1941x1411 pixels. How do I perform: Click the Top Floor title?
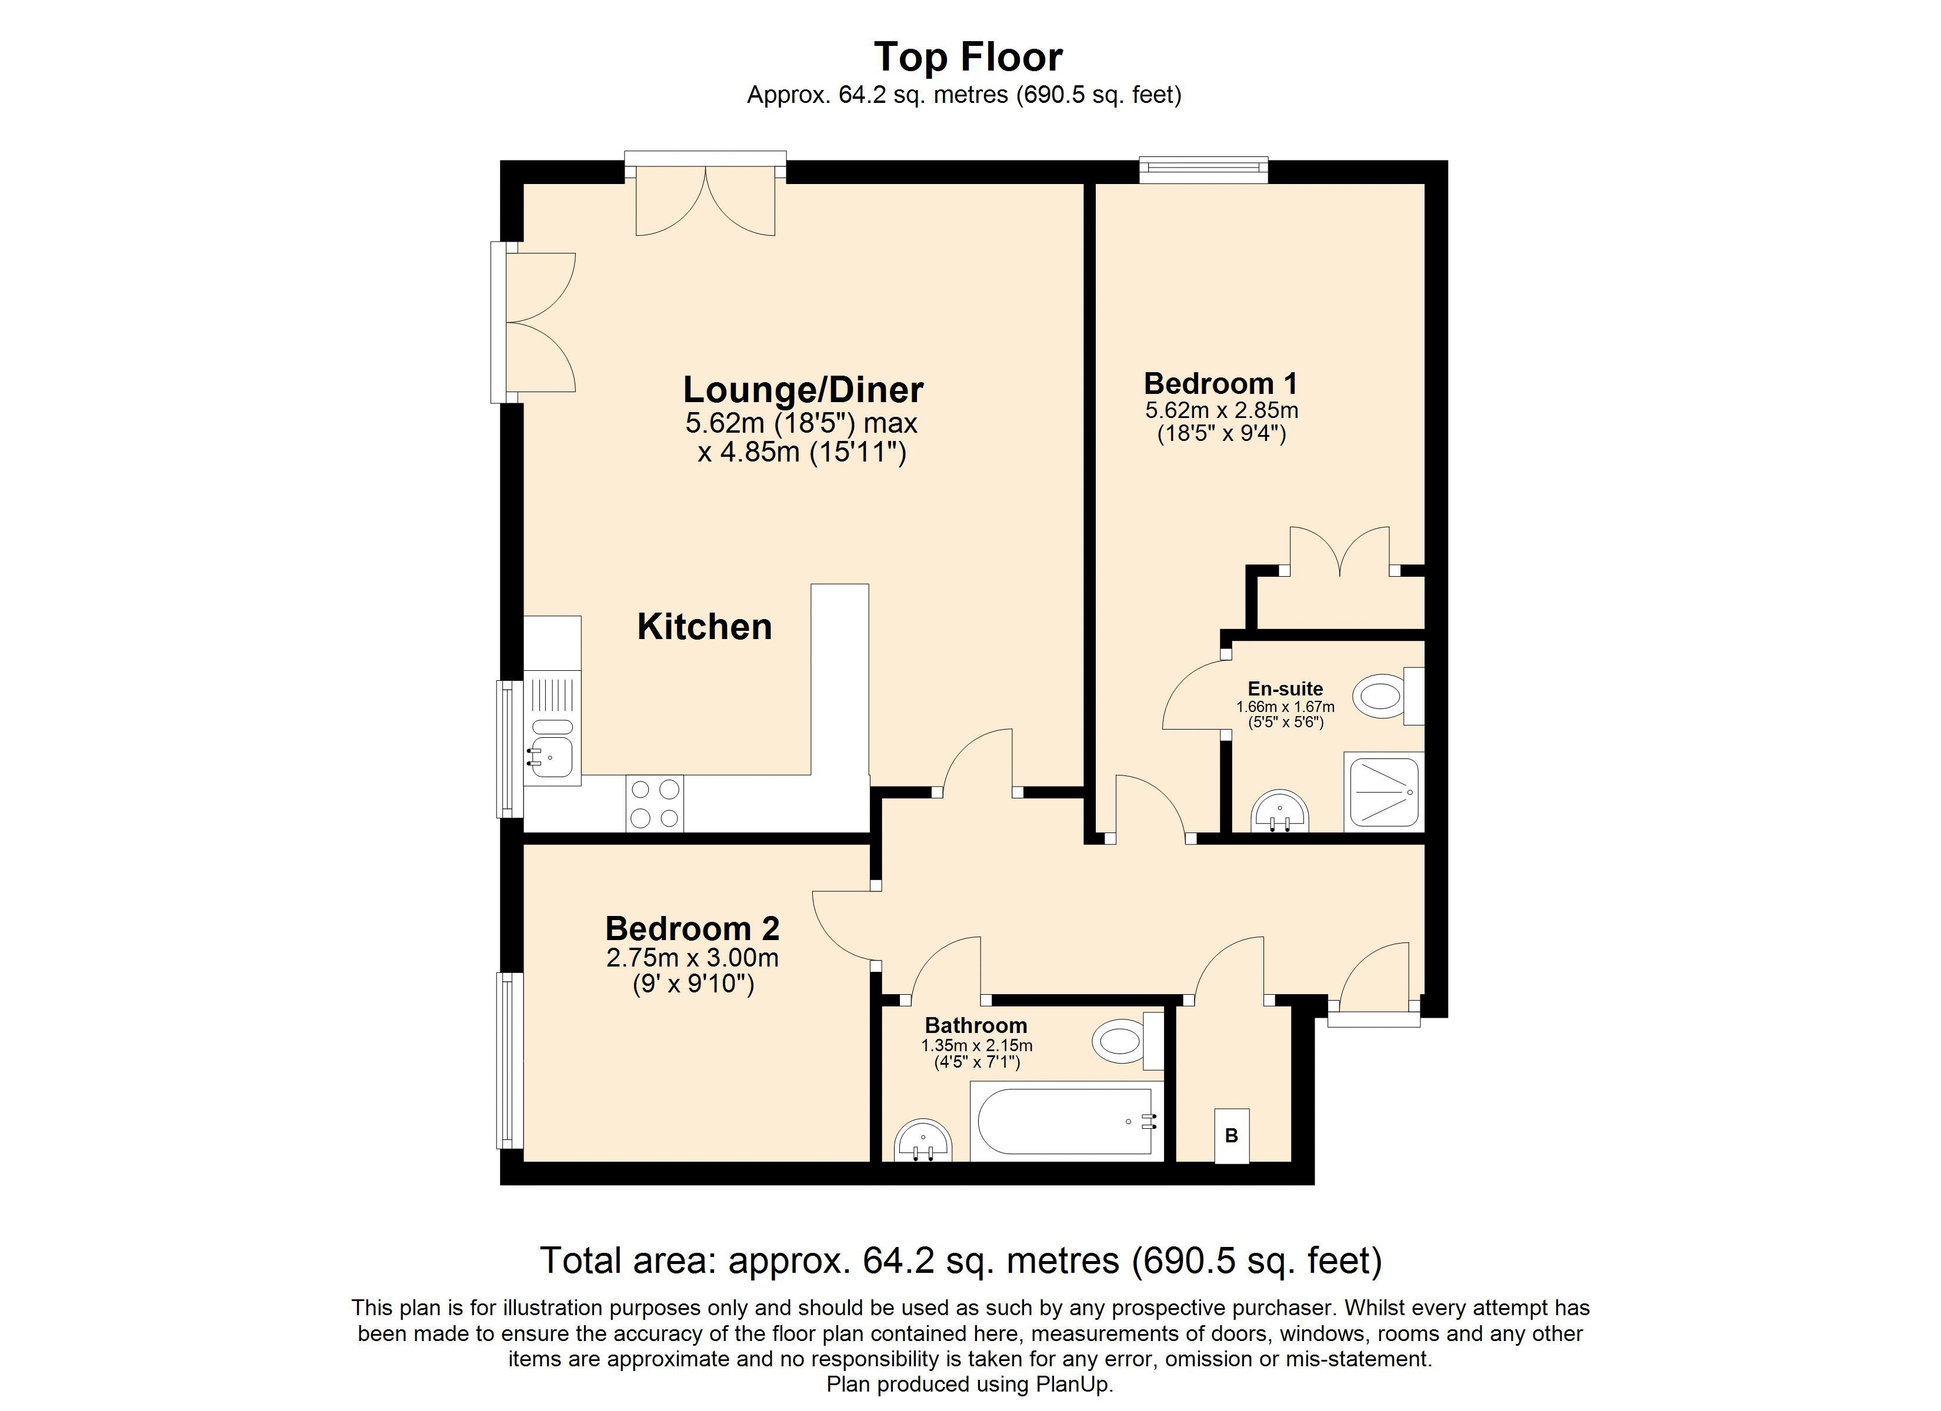click(x=968, y=58)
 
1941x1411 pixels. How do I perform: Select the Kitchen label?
click(x=704, y=626)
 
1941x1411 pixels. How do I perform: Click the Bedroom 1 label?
click(x=1220, y=383)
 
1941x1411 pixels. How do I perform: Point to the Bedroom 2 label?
click(x=692, y=928)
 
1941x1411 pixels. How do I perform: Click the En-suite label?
click(x=1285, y=689)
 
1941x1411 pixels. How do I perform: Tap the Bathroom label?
click(x=976, y=1025)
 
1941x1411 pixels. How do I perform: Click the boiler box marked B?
click(x=1232, y=1135)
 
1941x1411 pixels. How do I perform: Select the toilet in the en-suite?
click(x=1390, y=695)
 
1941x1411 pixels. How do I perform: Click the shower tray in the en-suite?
click(x=1384, y=791)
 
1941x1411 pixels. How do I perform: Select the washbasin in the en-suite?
click(x=1280, y=810)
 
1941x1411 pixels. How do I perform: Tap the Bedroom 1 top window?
click(x=1203, y=169)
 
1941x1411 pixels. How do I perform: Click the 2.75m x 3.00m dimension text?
click(x=692, y=958)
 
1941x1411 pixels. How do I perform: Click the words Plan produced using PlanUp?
click(x=970, y=1385)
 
